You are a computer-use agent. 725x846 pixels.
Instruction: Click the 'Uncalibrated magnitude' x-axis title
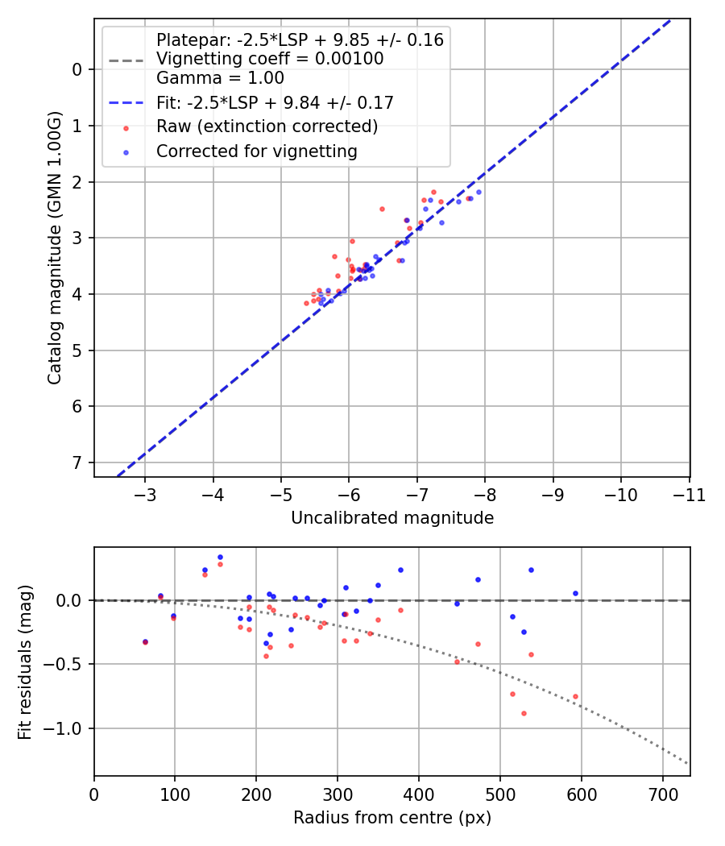(x=391, y=518)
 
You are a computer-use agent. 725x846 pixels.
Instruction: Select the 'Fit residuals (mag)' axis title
(x=25, y=661)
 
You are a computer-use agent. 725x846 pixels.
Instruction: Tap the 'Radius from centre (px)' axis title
(x=391, y=818)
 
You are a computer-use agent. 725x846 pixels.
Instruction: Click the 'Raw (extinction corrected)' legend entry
(x=267, y=126)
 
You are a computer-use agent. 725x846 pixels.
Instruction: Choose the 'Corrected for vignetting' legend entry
(x=256, y=151)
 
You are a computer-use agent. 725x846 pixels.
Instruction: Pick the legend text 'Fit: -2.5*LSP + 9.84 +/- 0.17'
(x=275, y=102)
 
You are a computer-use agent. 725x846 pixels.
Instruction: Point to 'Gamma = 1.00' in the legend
(x=220, y=78)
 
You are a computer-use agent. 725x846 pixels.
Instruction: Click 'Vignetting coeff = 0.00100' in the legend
(x=270, y=59)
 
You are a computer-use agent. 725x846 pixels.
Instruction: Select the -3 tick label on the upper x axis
(x=145, y=494)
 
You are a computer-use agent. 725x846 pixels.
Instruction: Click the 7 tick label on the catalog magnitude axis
(x=77, y=462)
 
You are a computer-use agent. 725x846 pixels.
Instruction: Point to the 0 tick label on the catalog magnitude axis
(x=77, y=69)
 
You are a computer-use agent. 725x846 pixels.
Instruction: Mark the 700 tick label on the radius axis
(x=662, y=794)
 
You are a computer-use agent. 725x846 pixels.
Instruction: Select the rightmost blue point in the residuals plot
(x=575, y=593)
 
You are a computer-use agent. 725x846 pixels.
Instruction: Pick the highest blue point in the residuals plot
(x=220, y=557)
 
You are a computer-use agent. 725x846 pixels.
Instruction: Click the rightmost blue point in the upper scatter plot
(x=478, y=192)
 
